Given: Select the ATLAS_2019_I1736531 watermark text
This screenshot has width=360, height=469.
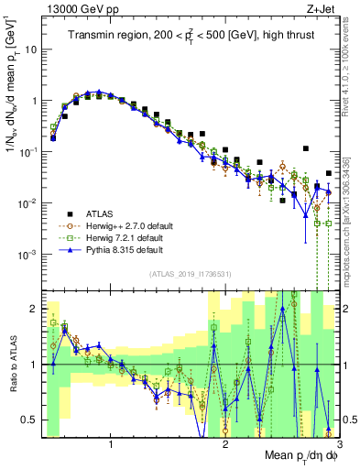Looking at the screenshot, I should pyautogui.click(x=191, y=274).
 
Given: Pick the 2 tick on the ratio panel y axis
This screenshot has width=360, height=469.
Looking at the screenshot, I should pyautogui.click(x=38, y=308).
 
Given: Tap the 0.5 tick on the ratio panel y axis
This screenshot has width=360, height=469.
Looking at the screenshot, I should pyautogui.click(x=34, y=420).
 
